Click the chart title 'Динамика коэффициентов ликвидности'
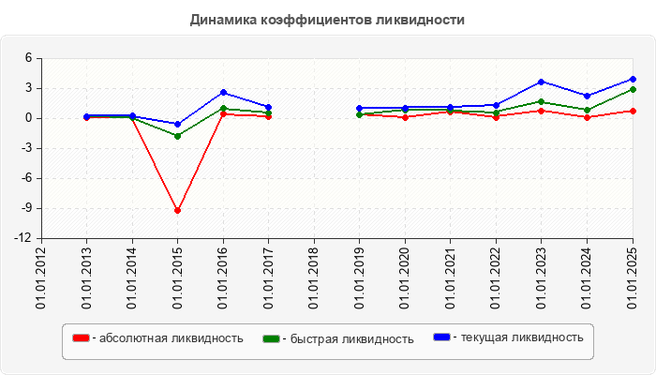(327, 20)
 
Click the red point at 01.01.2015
(177, 211)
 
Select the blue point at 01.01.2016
(223, 92)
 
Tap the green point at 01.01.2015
(177, 136)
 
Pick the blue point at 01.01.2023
(542, 82)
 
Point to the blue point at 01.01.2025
(633, 79)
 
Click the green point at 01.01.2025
(633, 90)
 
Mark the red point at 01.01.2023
(542, 111)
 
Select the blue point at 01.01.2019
(360, 108)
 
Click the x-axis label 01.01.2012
(41, 277)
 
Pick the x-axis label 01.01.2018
(314, 277)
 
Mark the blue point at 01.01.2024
(588, 96)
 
